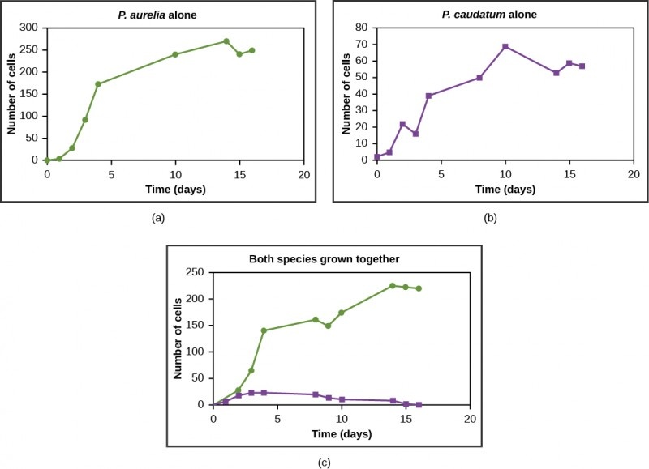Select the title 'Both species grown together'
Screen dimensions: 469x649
(319, 260)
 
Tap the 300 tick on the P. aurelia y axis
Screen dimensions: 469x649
(28, 28)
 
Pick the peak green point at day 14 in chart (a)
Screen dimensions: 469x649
(226, 41)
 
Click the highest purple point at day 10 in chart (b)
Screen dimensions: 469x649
(505, 46)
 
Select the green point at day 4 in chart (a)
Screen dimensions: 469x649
(98, 84)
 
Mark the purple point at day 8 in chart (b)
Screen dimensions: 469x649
(479, 78)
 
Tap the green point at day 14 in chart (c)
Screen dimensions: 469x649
(393, 286)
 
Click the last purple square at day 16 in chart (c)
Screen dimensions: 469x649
(419, 404)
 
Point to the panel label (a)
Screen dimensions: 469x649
(158, 216)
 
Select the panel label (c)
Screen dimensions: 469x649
(324, 463)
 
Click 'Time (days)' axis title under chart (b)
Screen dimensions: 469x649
(505, 190)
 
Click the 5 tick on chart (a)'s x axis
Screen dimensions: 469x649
(111, 173)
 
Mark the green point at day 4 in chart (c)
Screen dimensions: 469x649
(264, 330)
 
